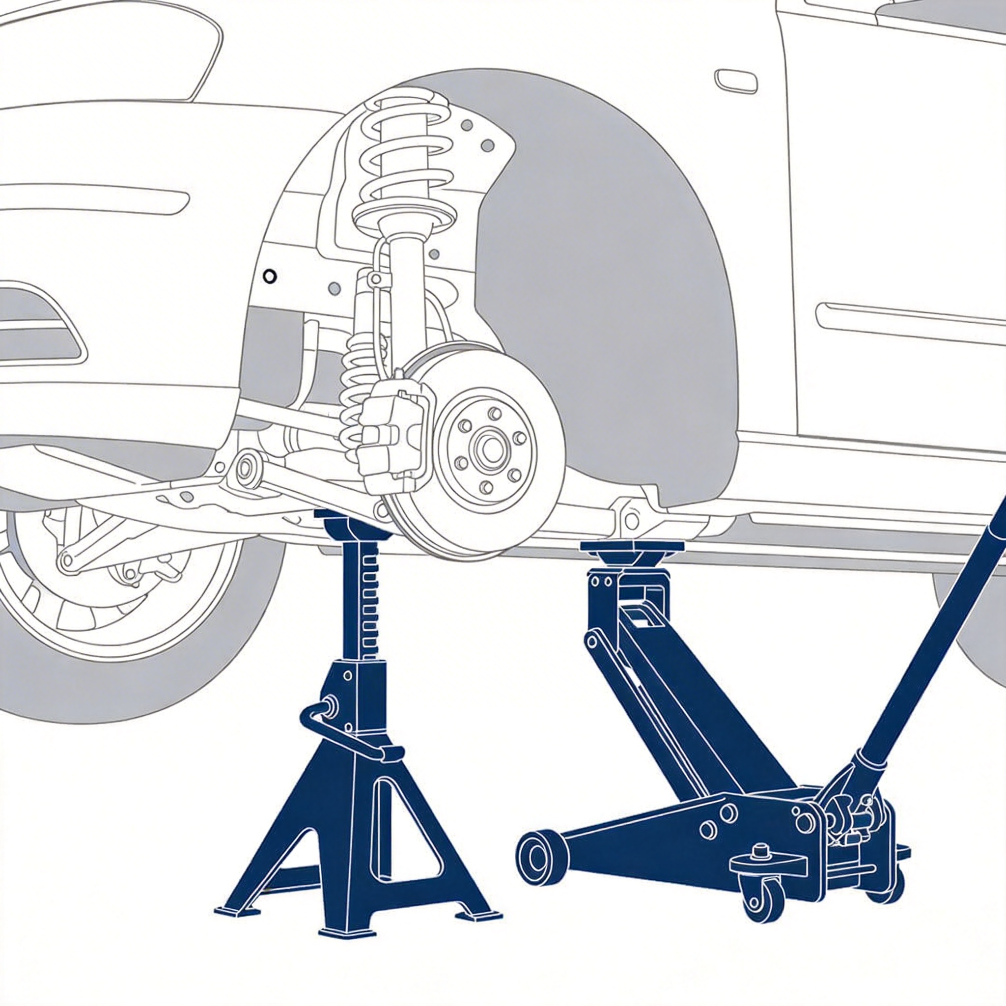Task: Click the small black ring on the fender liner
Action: (269, 277)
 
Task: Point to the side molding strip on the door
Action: (906, 323)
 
